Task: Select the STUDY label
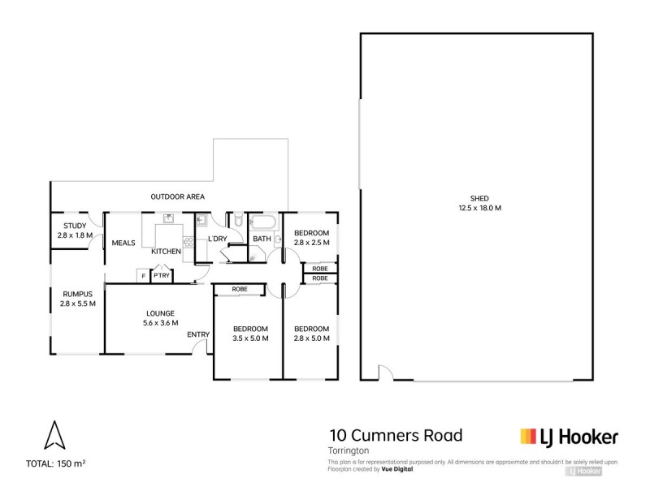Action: pos(74,226)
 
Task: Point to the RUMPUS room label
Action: pos(77,294)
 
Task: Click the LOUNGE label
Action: pos(160,312)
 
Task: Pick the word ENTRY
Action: pos(197,334)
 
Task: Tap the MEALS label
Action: pos(123,243)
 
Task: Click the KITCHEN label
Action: pos(167,252)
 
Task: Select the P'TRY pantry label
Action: pos(161,276)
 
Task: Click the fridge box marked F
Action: pos(143,276)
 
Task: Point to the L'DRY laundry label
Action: pos(217,239)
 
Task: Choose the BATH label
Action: pos(262,239)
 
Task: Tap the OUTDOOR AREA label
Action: pos(177,196)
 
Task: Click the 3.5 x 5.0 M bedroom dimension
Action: pos(250,338)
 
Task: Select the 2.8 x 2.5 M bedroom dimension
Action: pos(311,243)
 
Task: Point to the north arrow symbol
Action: pos(54,435)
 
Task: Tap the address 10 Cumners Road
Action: pos(395,436)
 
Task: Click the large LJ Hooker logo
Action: pos(569,437)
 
